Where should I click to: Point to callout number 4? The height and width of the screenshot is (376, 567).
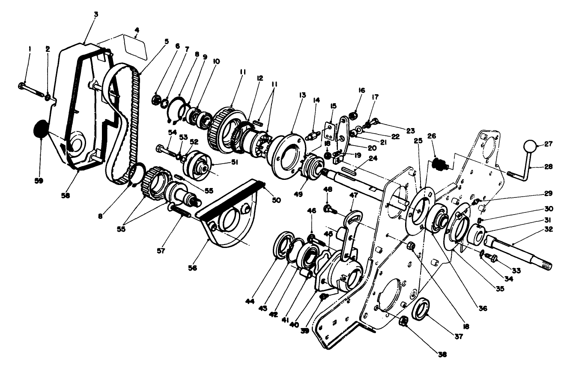[x=137, y=30]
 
